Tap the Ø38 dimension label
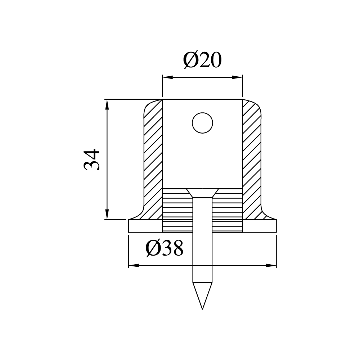pyautogui.click(x=165, y=248)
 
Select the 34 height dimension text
pyautogui.click(x=91, y=159)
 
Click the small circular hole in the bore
pyautogui.click(x=202, y=123)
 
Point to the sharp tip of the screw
pyautogui.click(x=202, y=309)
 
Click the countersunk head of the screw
pyautogui.click(x=202, y=193)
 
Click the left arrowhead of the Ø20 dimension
pyautogui.click(x=167, y=77)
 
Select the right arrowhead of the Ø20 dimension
pyautogui.click(x=237, y=77)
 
